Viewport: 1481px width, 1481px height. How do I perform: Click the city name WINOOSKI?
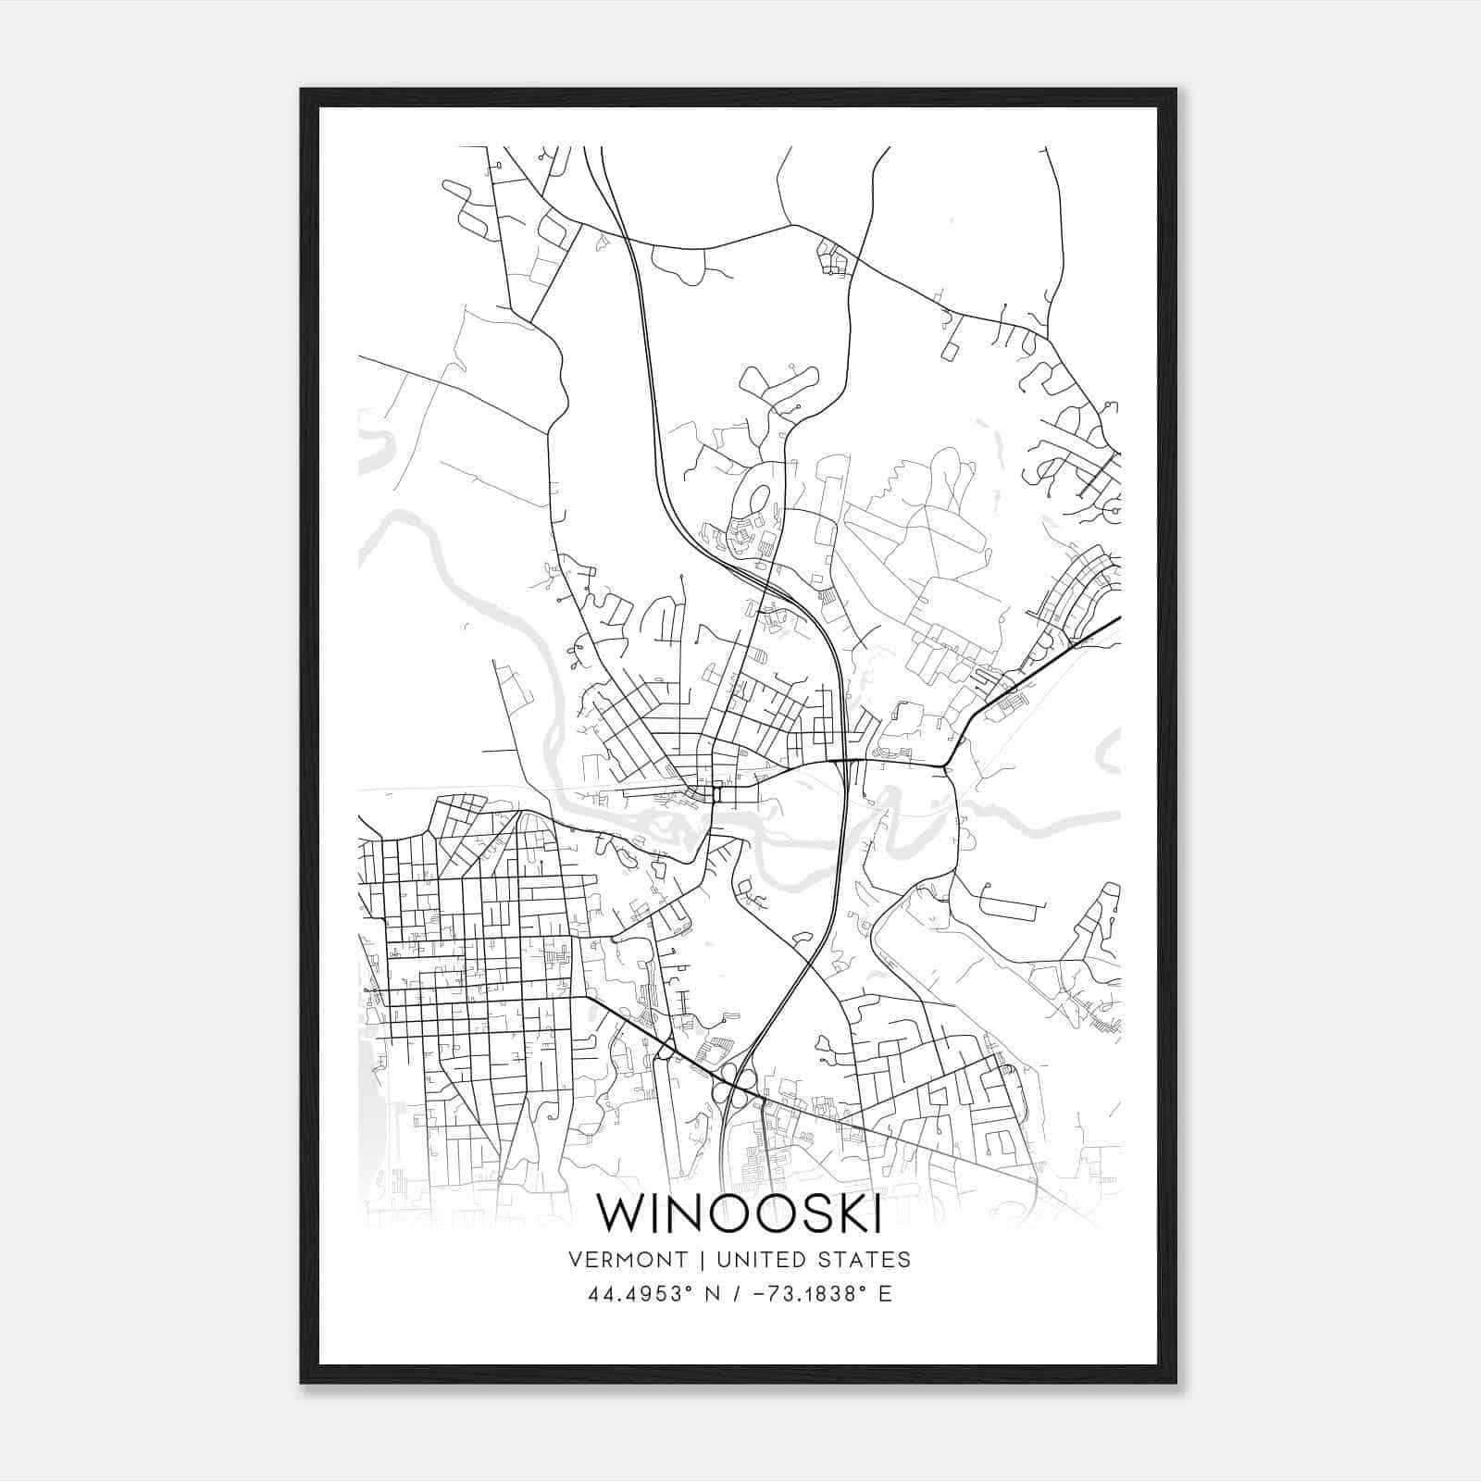pos(738,1213)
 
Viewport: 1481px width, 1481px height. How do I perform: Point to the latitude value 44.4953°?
pos(640,1294)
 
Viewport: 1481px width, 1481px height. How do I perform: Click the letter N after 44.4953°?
pos(711,1294)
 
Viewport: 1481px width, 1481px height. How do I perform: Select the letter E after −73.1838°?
pos(885,1294)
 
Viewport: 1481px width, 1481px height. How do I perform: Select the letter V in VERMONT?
pos(576,1260)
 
